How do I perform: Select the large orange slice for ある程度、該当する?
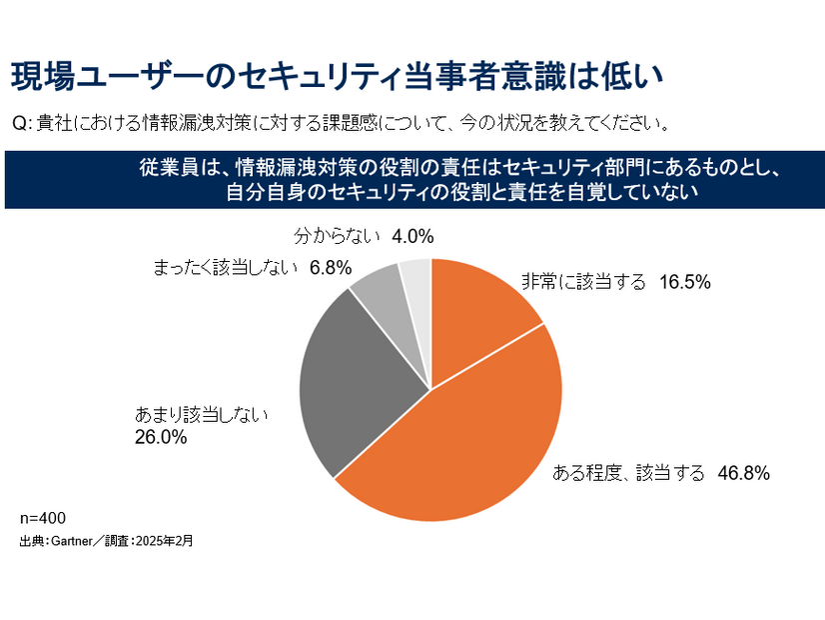click(469, 440)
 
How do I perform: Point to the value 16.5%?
click(684, 283)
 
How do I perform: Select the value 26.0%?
click(161, 437)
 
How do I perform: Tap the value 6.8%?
click(331, 268)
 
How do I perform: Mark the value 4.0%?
click(412, 237)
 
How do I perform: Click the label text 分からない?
click(338, 237)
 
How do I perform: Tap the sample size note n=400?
click(42, 518)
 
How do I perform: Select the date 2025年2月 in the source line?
click(169, 541)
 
